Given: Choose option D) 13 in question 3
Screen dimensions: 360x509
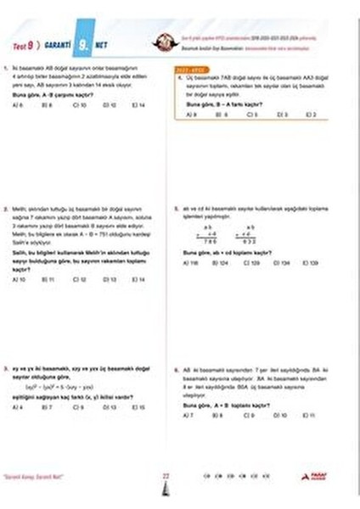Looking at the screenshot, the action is point(109,407).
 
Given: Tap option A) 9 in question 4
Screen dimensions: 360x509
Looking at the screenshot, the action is point(194,114).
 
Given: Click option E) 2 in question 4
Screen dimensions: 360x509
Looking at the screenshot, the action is point(311,114).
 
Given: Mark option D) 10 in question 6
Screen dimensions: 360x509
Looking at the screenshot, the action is point(281,414).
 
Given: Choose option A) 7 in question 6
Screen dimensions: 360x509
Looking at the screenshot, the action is point(190,414).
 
